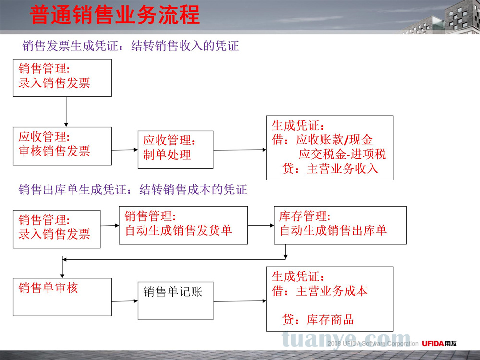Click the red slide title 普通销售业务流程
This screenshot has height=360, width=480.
pyautogui.click(x=115, y=14)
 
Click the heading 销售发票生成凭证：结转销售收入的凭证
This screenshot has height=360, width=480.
pyautogui.click(x=131, y=46)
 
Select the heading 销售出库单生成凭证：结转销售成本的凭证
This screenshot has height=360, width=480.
pyautogui.click(x=132, y=190)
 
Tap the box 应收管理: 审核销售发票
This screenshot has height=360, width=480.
pyautogui.click(x=62, y=146)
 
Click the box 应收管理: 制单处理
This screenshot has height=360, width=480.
pyautogui.click(x=175, y=150)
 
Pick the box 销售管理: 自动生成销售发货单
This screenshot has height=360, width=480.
pyautogui.click(x=183, y=225)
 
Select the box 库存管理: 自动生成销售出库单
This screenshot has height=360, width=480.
pyautogui.click(x=340, y=225)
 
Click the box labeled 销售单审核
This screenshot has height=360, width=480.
pyautogui.click(x=62, y=297)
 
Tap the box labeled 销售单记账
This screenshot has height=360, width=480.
pyautogui.click(x=175, y=301)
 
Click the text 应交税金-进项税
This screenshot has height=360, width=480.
pyautogui.click(x=342, y=154)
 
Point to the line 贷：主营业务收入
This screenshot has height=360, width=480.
pyautogui.click(x=330, y=168)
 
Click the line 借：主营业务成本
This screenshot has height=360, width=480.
pyautogui.click(x=320, y=291)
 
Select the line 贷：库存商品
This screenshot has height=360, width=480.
pyautogui.click(x=318, y=320)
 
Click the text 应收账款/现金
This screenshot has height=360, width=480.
pyautogui.click(x=334, y=140)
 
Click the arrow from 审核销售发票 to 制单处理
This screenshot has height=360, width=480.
pyautogui.click(x=125, y=150)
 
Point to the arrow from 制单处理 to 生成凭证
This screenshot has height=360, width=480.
pyautogui.click(x=240, y=150)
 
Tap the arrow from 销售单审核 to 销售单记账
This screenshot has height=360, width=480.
pyautogui.click(x=125, y=301)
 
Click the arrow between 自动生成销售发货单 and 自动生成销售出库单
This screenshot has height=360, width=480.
pyautogui.click(x=261, y=225)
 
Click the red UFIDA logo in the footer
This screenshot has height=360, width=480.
pyautogui.click(x=433, y=344)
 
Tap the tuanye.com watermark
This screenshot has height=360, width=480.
pyautogui.click(x=346, y=340)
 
